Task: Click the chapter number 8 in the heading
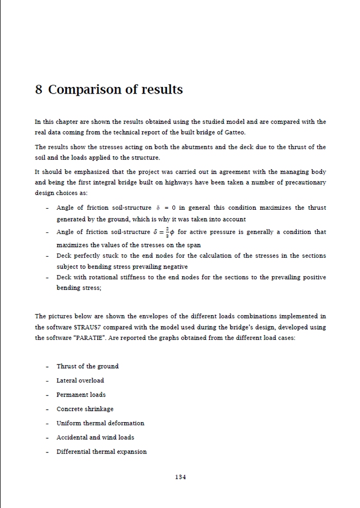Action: click(x=39, y=90)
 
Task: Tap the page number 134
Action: click(x=180, y=477)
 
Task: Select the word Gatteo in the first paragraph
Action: click(x=234, y=133)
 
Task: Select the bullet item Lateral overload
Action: click(x=80, y=380)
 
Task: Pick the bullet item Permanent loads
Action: click(x=81, y=395)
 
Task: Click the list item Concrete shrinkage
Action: click(x=85, y=409)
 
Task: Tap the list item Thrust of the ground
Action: click(x=87, y=367)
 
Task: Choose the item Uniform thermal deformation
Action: click(x=100, y=423)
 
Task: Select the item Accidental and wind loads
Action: click(x=95, y=438)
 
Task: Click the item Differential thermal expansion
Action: click(x=101, y=452)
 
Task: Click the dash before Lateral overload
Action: click(x=47, y=381)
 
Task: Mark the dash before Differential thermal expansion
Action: click(x=47, y=452)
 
